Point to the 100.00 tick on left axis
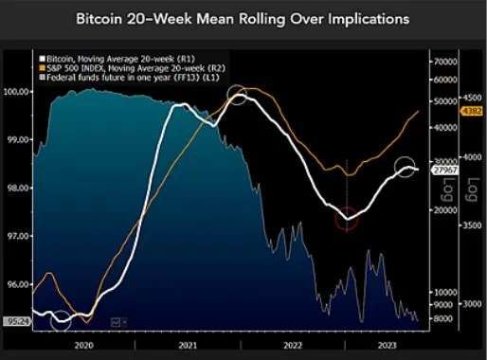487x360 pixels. (x=15, y=92)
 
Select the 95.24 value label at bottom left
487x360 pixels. (x=14, y=321)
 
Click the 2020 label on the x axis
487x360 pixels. (x=83, y=347)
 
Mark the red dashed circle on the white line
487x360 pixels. (x=349, y=217)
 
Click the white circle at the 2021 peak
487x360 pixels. (x=238, y=96)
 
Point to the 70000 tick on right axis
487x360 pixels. (x=444, y=61)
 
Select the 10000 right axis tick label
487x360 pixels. (x=444, y=291)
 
